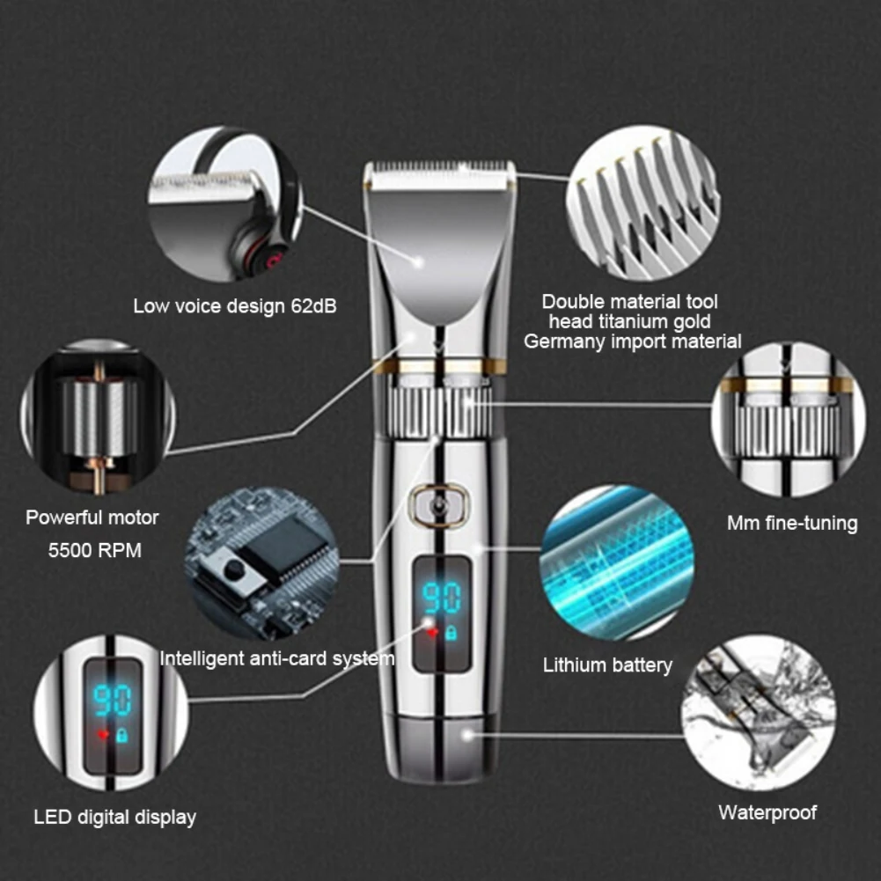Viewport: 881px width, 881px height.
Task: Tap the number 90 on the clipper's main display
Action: [x=441, y=598]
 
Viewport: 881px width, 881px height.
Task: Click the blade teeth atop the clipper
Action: [x=439, y=167]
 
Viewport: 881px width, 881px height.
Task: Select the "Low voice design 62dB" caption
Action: [x=234, y=307]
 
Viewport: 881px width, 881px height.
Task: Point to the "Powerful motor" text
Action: [x=92, y=518]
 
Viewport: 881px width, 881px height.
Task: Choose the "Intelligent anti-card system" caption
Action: [x=277, y=658]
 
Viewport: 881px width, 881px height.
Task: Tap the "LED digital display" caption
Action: [x=114, y=817]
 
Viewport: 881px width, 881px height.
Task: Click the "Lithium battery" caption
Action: [x=607, y=665]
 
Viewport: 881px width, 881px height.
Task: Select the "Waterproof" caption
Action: [x=767, y=812]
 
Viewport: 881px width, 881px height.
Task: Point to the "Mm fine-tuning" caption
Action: [x=791, y=524]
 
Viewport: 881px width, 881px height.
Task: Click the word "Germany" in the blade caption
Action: [x=561, y=341]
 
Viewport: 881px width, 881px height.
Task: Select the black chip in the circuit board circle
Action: [x=282, y=541]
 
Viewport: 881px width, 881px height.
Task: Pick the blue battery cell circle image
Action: [x=616, y=563]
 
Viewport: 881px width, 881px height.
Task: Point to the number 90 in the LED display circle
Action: [x=112, y=701]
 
